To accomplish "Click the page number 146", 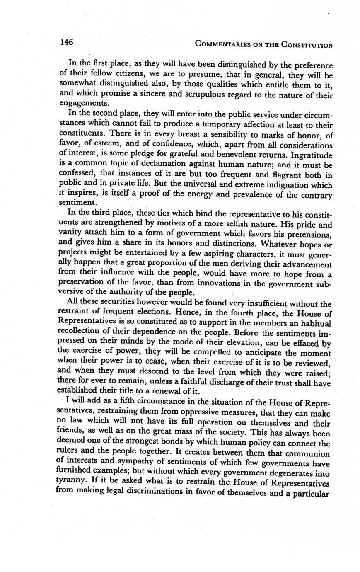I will (x=67, y=42).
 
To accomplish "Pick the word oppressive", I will (x=197, y=412).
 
